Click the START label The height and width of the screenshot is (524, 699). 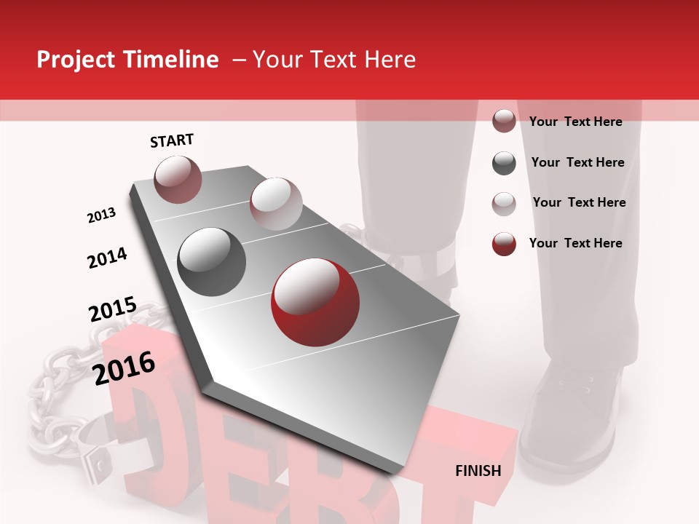click(172, 140)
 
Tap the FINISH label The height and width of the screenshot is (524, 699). click(478, 471)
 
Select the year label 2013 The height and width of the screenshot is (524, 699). click(102, 215)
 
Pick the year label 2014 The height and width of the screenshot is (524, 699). click(107, 258)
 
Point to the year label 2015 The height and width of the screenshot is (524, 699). click(113, 309)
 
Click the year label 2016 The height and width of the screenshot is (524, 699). click(125, 368)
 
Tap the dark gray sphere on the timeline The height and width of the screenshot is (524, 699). click(212, 261)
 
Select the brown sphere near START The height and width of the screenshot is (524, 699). click(178, 179)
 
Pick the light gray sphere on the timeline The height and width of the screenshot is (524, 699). click(276, 203)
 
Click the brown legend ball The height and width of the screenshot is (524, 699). click(504, 122)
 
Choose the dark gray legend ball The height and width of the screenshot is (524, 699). click(504, 163)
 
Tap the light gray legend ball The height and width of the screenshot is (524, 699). click(504, 203)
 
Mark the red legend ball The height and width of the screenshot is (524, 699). click(504, 244)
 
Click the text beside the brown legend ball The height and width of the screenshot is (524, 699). click(575, 122)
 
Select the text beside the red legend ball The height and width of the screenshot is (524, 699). click(575, 243)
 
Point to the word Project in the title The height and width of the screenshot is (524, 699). click(75, 60)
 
